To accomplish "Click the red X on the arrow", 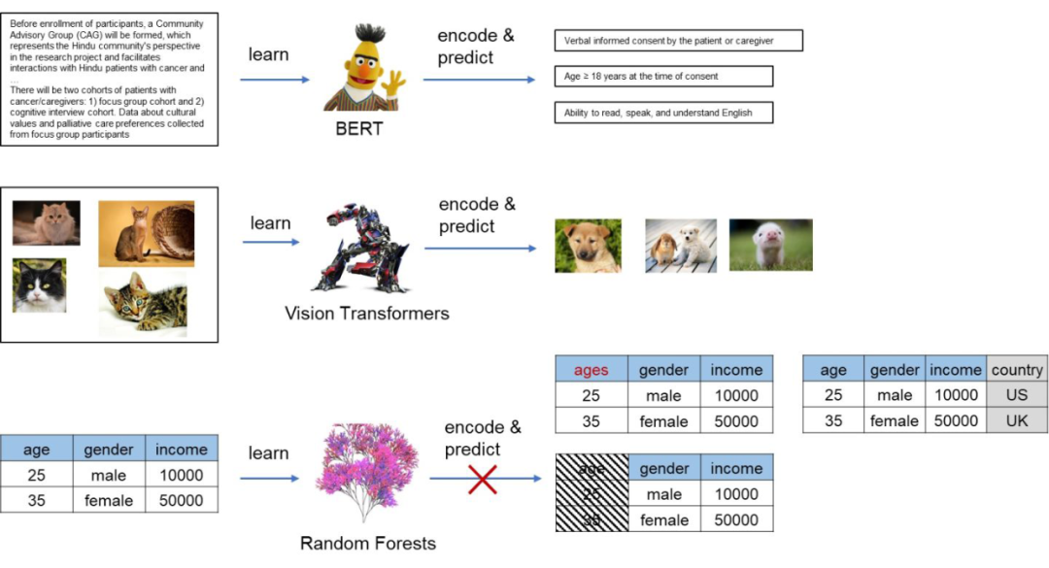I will point(483,478).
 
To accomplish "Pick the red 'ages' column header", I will point(592,370).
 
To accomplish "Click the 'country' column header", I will point(1017,370).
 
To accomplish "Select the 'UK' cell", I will point(1017,420).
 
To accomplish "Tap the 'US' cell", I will point(1017,395).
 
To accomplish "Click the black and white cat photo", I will point(39,285).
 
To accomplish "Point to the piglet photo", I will point(770,245).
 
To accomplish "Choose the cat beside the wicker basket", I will point(146,233).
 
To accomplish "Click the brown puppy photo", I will point(588,245).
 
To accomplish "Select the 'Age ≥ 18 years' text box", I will point(663,77).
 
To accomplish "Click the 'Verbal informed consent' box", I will point(678,41).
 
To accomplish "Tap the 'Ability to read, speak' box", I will point(658,114).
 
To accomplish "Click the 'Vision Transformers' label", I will point(367,314).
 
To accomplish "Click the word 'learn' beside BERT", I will point(268,54).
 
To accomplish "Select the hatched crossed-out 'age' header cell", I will point(591,469).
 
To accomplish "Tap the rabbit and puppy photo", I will point(681,245).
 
